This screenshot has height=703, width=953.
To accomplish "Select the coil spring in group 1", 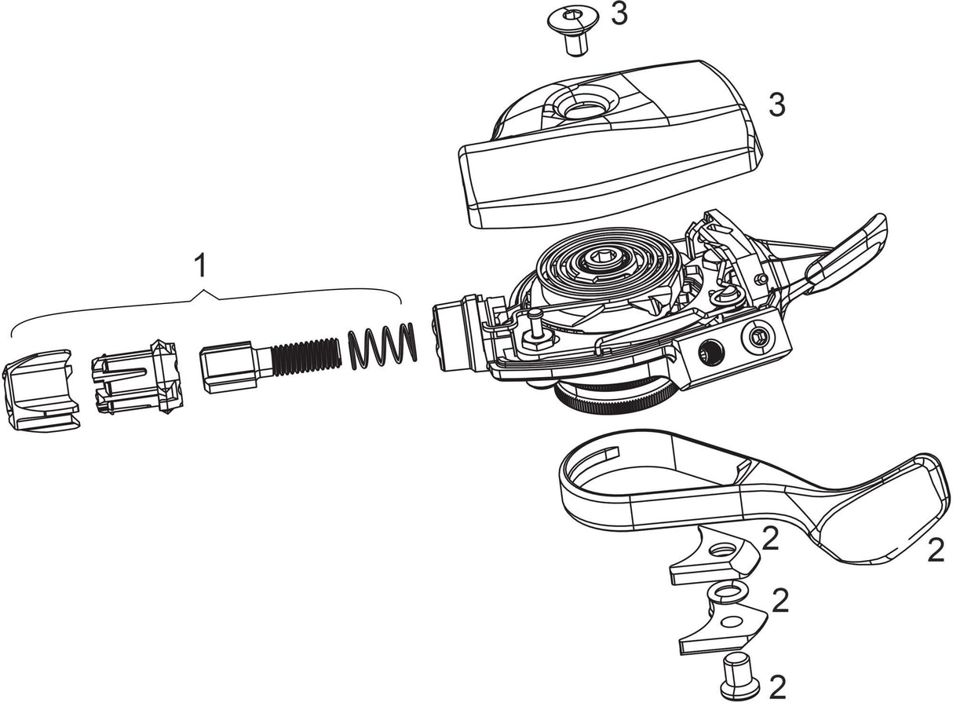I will [382, 345].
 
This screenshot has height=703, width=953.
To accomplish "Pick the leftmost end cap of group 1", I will [40, 390].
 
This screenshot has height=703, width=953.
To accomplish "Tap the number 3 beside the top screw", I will [619, 14].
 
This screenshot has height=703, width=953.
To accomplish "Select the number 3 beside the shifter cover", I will [776, 105].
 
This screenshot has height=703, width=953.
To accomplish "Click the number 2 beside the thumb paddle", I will [935, 551].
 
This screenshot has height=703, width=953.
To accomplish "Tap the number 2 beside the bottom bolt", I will [776, 687].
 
